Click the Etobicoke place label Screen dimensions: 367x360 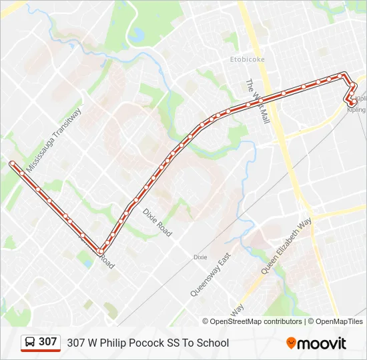[x=248, y=59]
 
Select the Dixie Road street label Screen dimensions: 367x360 [x=157, y=222]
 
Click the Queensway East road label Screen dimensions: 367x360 [x=210, y=274]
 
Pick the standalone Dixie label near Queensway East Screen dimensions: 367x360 [x=200, y=257]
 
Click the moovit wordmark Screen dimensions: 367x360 [x=322, y=343]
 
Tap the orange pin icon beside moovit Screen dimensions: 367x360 [x=291, y=343]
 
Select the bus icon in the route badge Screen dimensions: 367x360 [x=30, y=342]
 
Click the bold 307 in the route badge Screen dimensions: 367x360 [x=48, y=342]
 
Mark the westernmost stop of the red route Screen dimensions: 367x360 [x=12, y=163]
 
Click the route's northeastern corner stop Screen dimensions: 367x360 [x=344, y=75]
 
